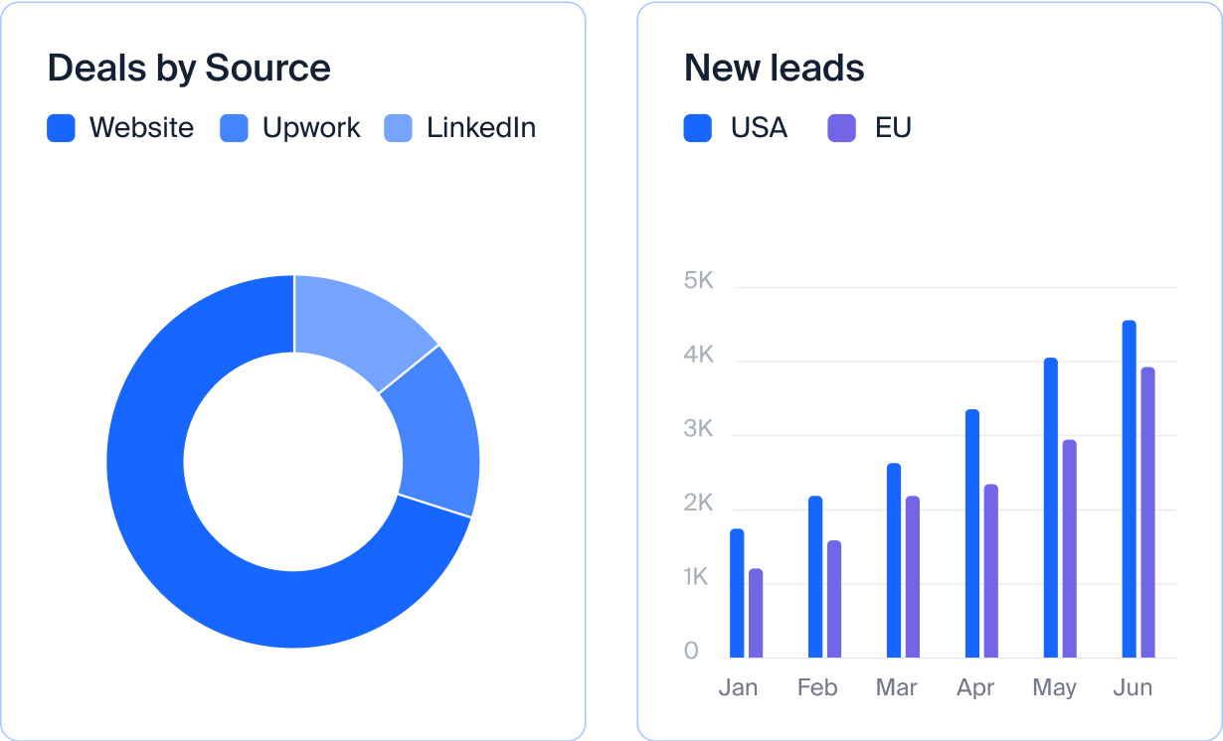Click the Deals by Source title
tap(189, 69)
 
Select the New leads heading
tap(774, 69)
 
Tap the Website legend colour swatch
tap(61, 128)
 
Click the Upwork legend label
tap(311, 128)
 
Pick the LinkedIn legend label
tap(481, 128)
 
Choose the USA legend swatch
tap(697, 128)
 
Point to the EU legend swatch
tap(841, 128)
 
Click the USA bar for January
tap(737, 593)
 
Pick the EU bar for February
tap(833, 599)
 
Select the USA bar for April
tap(972, 533)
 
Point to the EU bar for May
tap(1069, 548)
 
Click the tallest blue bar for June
tap(1129, 489)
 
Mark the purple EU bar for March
tap(912, 576)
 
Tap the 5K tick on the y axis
tap(699, 281)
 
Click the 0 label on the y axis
tap(691, 652)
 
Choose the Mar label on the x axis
tap(896, 687)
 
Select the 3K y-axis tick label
tap(699, 429)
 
